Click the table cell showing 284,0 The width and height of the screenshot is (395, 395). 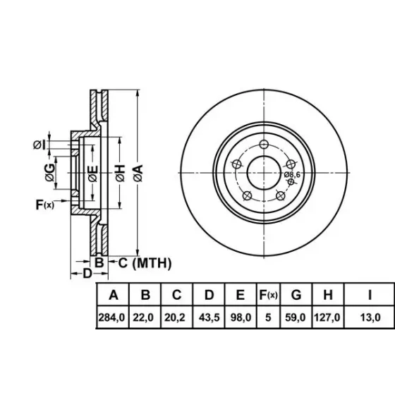111,317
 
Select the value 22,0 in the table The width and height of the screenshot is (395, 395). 143,317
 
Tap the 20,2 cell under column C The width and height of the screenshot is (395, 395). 175,317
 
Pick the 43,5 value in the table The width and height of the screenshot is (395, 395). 209,317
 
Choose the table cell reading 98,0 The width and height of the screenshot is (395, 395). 241,317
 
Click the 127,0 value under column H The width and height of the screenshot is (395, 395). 327,317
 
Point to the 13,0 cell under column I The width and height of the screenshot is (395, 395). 370,317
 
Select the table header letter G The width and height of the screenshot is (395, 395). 296,295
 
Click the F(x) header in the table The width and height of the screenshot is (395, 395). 268,295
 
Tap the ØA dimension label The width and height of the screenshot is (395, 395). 138,174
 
